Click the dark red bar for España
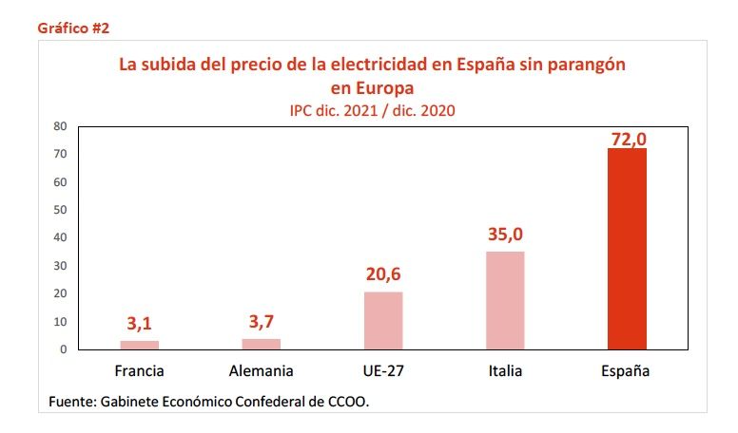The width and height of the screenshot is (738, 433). point(627,249)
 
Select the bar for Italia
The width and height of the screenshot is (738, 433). point(505,300)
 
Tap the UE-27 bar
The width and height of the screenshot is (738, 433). point(383,320)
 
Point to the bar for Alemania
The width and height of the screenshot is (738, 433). point(262,344)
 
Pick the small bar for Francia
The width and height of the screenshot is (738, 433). point(140,345)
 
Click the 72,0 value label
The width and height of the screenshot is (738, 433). point(628,139)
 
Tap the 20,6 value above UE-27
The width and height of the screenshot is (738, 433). point(383,274)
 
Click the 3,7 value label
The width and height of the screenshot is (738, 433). point(262,322)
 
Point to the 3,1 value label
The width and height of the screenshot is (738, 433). point(140,324)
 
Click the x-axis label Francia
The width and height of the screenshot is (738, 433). point(139,371)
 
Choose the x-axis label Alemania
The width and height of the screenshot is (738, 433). point(262,371)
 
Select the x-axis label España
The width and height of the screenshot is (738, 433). point(627,371)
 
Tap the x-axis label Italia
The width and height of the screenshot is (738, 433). point(505,371)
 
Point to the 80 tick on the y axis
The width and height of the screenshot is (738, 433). point(59,126)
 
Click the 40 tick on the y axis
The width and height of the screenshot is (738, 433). point(59,237)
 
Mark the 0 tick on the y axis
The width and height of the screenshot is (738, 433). point(63,349)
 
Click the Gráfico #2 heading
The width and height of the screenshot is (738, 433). point(73,28)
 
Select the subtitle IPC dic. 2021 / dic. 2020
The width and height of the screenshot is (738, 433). point(372,110)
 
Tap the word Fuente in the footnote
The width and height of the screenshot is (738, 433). point(72,403)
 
